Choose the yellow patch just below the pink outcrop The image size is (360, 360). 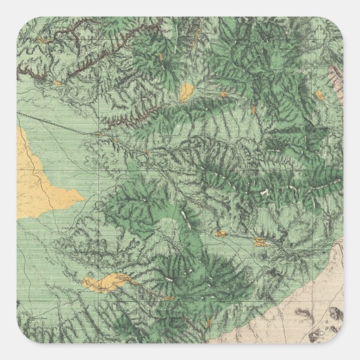click(x=320, y=94)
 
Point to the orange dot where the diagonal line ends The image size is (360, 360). click(x=99, y=134)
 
